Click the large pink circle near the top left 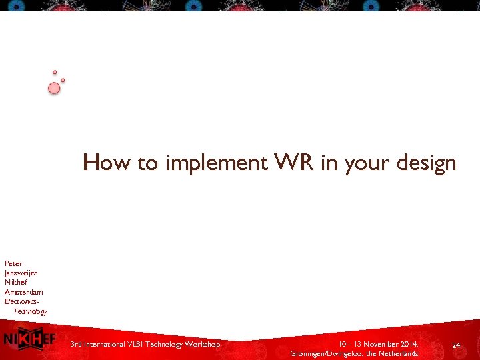pyautogui.click(x=54, y=88)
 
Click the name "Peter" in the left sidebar pyautogui.click(x=13, y=263)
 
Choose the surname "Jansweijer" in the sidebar pyautogui.click(x=21, y=273)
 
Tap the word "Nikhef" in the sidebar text pyautogui.click(x=16, y=282)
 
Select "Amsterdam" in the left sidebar pyautogui.click(x=23, y=292)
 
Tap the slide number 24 pyautogui.click(x=456, y=345)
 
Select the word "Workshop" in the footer pyautogui.click(x=203, y=344)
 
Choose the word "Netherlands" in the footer pyautogui.click(x=398, y=353)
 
